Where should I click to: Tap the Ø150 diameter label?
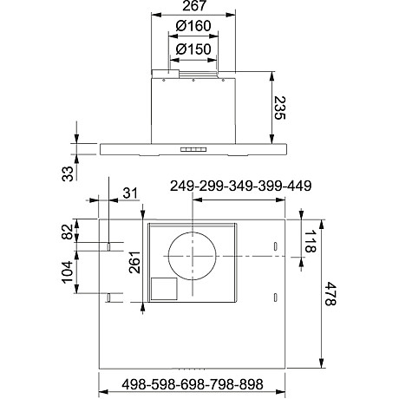click(x=192, y=49)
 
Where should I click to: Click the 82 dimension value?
click(x=67, y=233)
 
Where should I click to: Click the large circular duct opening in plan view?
click(x=192, y=258)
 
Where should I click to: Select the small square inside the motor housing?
click(x=163, y=289)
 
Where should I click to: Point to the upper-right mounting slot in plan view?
click(x=275, y=249)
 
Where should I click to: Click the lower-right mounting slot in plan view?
click(x=275, y=298)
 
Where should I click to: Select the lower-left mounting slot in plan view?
click(x=110, y=298)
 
